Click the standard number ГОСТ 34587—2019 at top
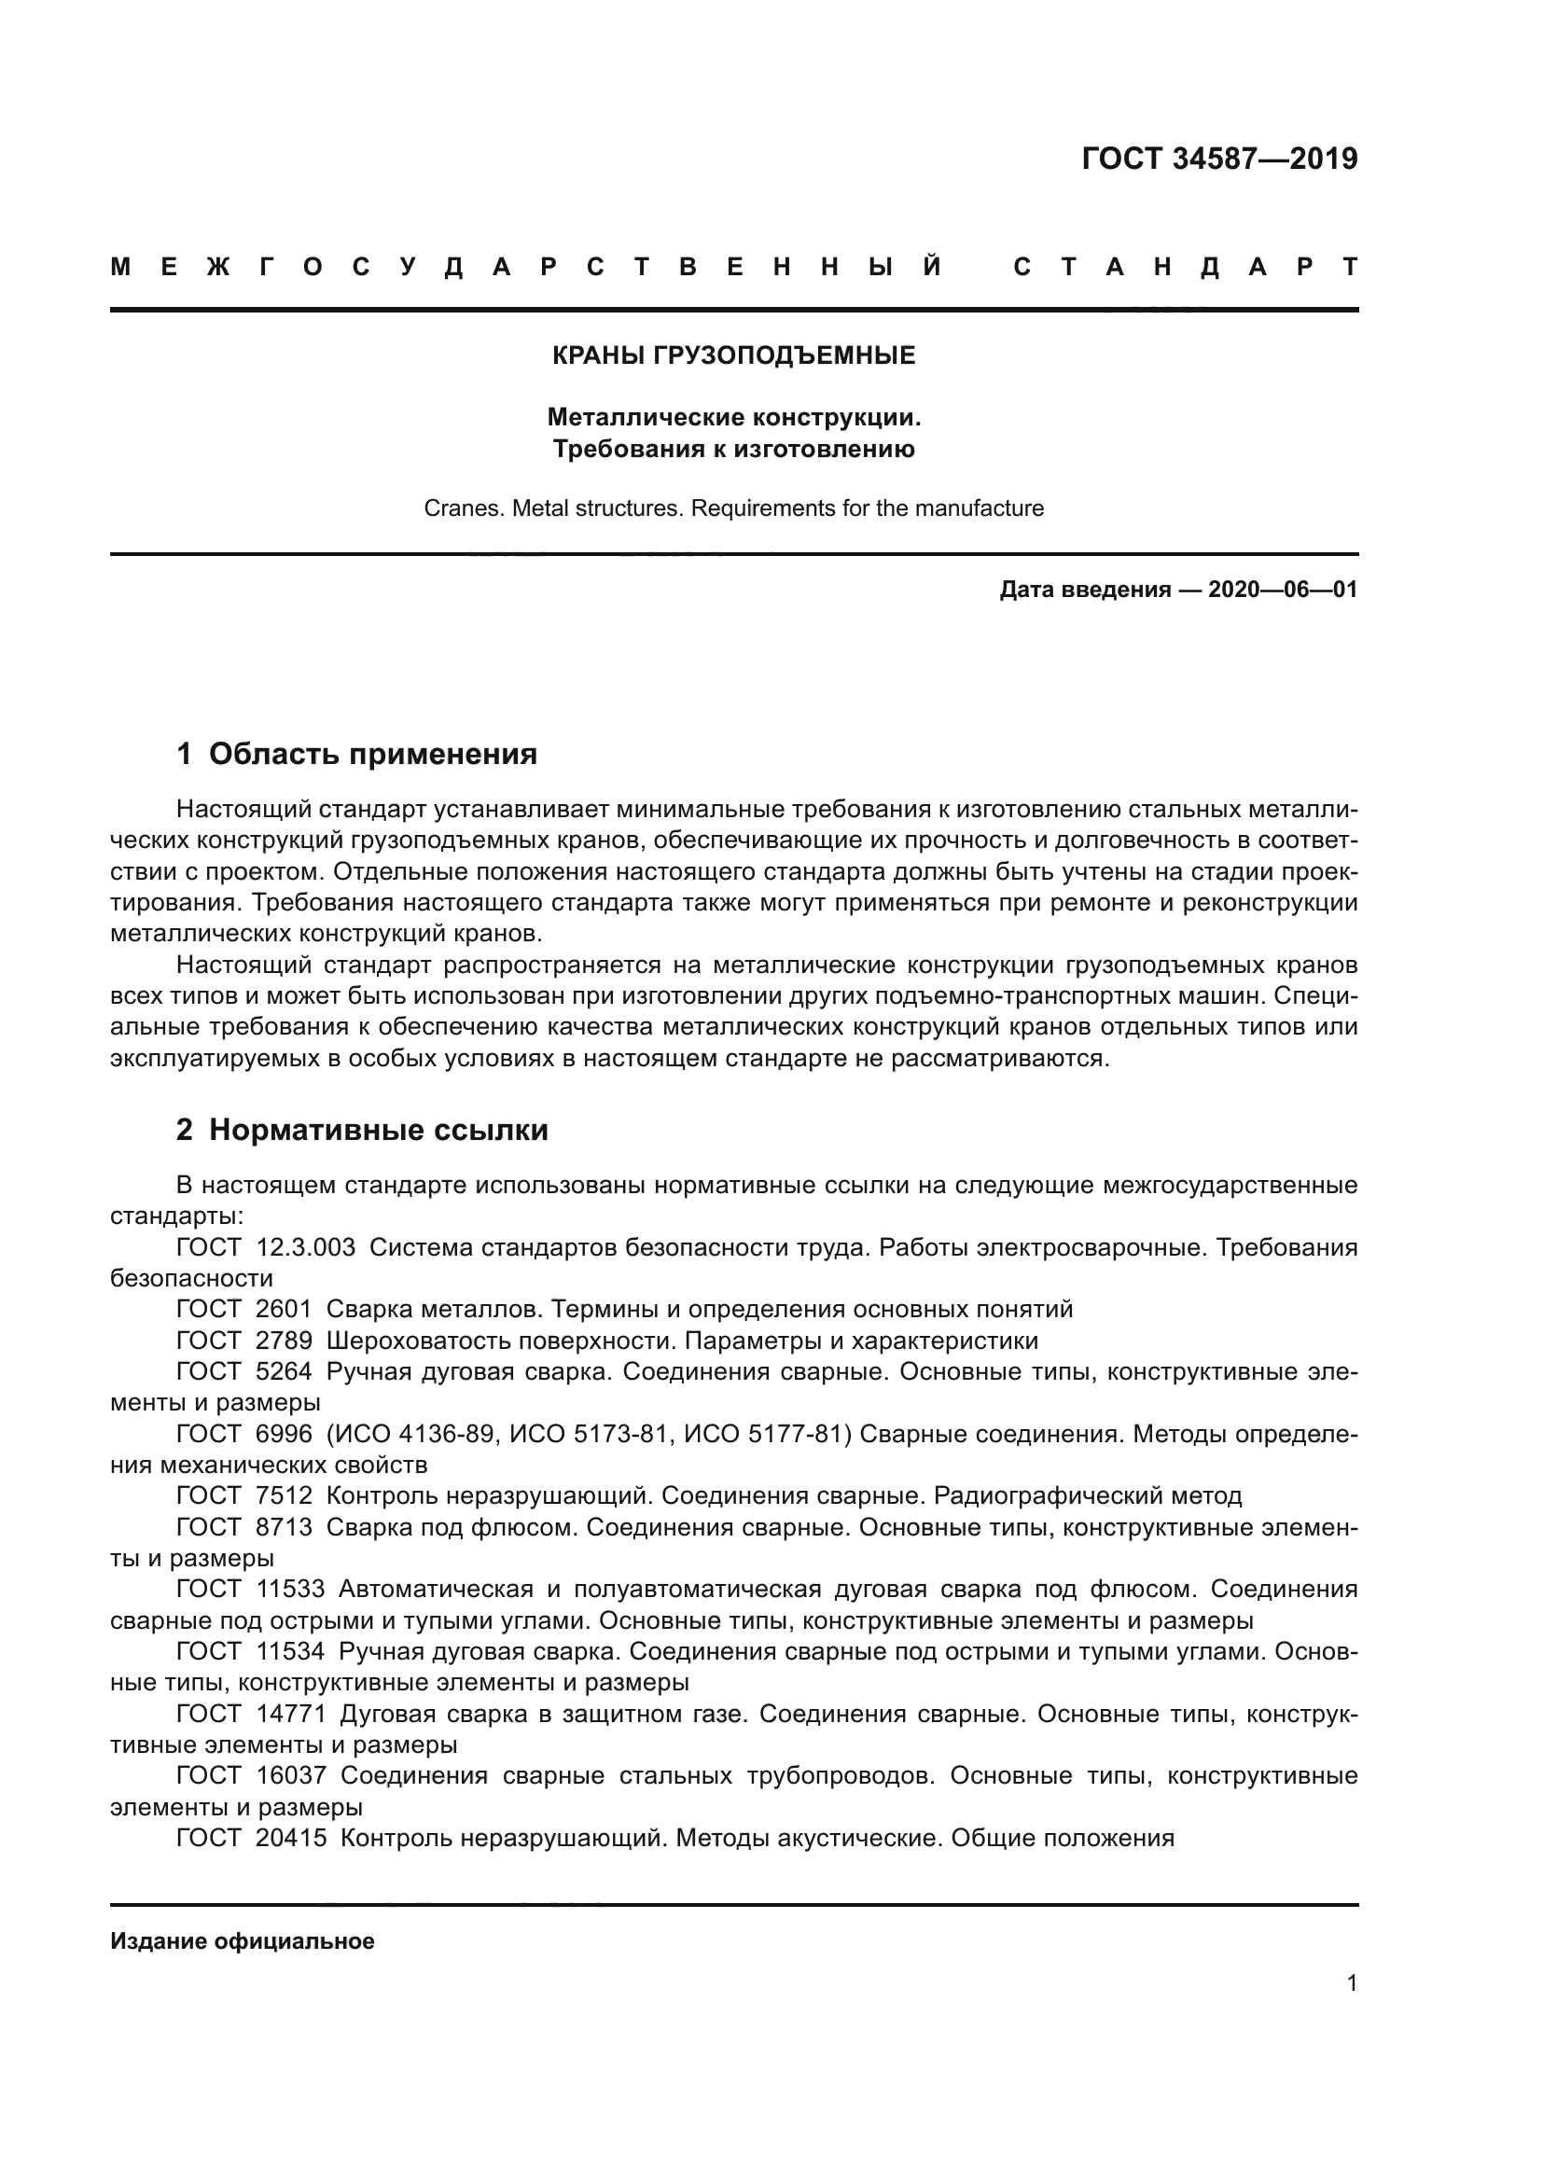[x=1219, y=159]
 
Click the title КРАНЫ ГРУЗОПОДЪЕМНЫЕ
[x=733, y=356]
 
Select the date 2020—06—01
[x=1283, y=591]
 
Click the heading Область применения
[x=372, y=755]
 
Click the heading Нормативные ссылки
[x=378, y=1130]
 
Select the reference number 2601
[x=284, y=1310]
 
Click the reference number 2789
[x=284, y=1341]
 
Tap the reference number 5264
[x=284, y=1372]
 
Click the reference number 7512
[x=284, y=1495]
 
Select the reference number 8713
[x=284, y=1527]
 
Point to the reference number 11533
[x=290, y=1589]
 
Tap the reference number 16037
[x=290, y=1775]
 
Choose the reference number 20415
[x=290, y=1838]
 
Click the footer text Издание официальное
[x=243, y=1941]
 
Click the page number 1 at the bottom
[x=1351, y=1983]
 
